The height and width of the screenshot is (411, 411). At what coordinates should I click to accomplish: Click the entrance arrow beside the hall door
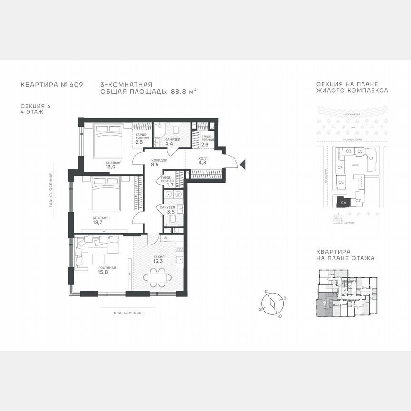click(243, 165)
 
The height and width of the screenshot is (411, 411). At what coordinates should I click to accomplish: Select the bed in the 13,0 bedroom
click(108, 140)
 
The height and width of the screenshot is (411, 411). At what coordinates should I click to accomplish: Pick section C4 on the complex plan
click(341, 167)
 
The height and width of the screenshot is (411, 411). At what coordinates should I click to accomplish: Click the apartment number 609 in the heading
click(76, 84)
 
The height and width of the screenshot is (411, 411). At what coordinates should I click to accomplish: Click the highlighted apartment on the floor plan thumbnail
click(323, 305)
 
